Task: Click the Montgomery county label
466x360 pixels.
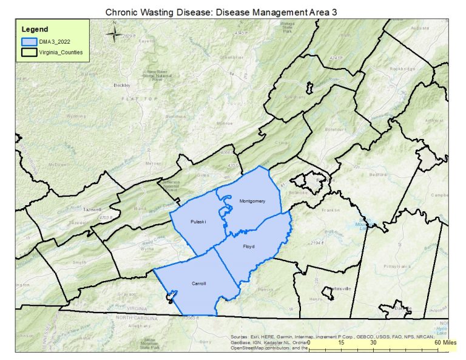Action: pos(252,201)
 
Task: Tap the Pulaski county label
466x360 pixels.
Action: pos(198,222)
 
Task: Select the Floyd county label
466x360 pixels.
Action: pos(249,247)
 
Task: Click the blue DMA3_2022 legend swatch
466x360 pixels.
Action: pos(29,42)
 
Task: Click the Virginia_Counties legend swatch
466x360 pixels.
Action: pos(29,53)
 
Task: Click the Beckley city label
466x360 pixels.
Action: pos(122,86)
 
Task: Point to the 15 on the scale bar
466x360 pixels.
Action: pos(342,343)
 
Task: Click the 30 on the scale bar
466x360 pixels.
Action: pos(374,343)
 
